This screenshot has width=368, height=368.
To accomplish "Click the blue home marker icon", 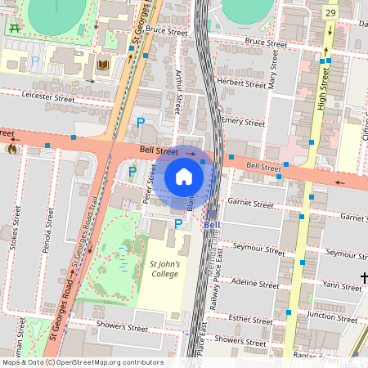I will [x=184, y=177].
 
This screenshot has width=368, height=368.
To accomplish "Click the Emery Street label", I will [x=243, y=121].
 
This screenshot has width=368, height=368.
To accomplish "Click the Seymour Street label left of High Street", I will [x=256, y=246].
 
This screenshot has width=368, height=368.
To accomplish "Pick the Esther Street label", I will [x=250, y=320].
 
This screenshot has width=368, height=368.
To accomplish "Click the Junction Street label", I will [x=334, y=316].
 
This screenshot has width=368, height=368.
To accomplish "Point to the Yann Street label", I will [x=341, y=286].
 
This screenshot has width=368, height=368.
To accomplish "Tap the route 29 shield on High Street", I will [x=330, y=13].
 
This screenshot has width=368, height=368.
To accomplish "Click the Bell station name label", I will [x=212, y=225].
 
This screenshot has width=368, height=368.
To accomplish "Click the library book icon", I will [x=103, y=65].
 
